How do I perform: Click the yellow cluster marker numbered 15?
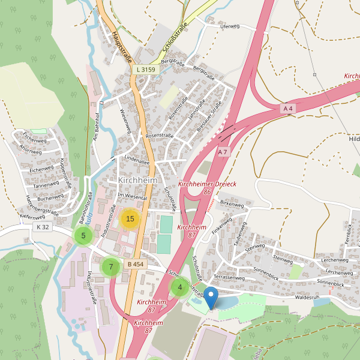pos(130,218)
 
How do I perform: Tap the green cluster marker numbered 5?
pos(83,236)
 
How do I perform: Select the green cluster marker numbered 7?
pos(110,267)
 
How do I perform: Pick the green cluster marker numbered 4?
pos(179,287)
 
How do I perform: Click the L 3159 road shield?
pos(145,70)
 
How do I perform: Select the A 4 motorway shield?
pos(289,108)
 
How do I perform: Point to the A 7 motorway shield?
pos(223,152)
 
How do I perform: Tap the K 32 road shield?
pos(43,227)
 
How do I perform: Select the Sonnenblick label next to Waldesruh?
pos(330,283)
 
